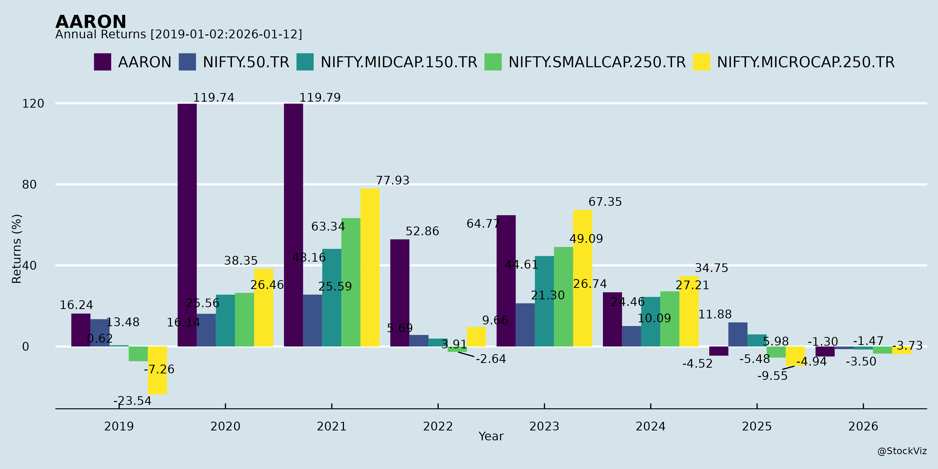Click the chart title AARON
pyautogui.click(x=91, y=22)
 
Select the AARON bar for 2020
pyautogui.click(x=187, y=225)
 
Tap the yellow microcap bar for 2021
pyautogui.click(x=370, y=267)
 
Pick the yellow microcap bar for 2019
pyautogui.click(x=157, y=370)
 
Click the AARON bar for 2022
pyautogui.click(x=400, y=293)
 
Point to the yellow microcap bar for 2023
pyautogui.click(x=583, y=278)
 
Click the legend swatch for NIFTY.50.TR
pyautogui.click(x=187, y=62)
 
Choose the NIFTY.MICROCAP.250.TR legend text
pyautogui.click(x=805, y=62)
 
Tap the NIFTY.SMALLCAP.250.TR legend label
pyautogui.click(x=597, y=62)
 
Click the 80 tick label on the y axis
pyautogui.click(x=29, y=185)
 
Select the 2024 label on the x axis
pyautogui.click(x=650, y=426)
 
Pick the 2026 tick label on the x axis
pyautogui.click(x=863, y=426)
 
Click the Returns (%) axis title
pyautogui.click(x=17, y=249)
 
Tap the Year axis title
pyautogui.click(x=491, y=436)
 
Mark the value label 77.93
pyautogui.click(x=393, y=181)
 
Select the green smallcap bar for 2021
pyautogui.click(x=351, y=282)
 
